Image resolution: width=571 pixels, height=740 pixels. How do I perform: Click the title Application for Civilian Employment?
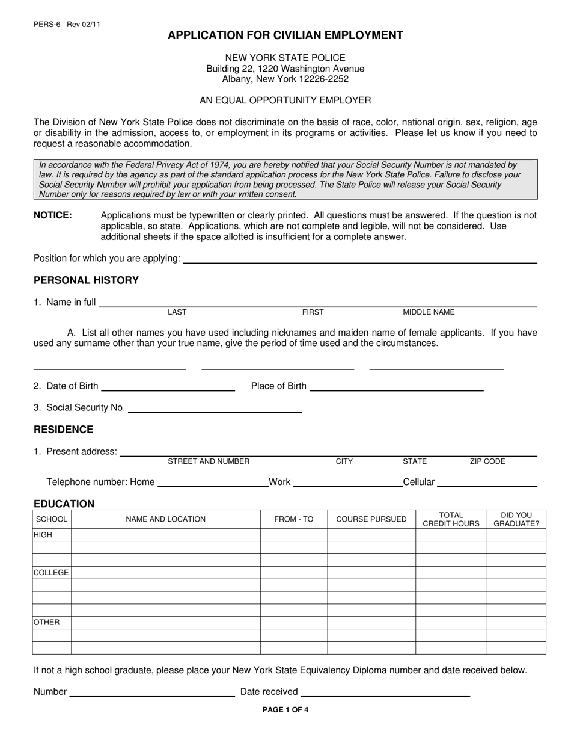(285, 35)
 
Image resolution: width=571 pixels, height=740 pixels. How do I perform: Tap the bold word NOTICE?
(53, 215)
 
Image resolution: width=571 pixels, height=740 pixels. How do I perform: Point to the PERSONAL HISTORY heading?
(86, 280)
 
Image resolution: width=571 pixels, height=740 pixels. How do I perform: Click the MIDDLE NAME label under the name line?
(429, 312)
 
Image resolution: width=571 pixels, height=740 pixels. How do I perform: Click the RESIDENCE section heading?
(63, 430)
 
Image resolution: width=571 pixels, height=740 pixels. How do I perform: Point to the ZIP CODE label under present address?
(487, 461)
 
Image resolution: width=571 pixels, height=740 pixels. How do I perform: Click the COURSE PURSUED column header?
(371, 519)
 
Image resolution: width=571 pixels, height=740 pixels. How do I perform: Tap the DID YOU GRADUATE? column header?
(516, 519)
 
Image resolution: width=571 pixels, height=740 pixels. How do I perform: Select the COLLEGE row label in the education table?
(51, 573)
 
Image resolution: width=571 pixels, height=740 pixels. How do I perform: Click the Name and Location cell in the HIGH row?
(165, 535)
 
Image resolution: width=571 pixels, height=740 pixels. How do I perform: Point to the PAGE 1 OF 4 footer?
(285, 709)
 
